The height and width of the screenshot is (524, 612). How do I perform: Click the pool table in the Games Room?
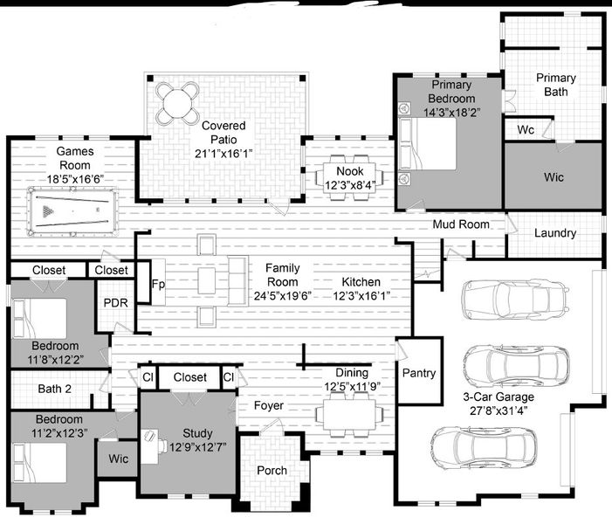pos(65,212)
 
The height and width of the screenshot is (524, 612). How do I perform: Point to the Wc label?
pos(526,129)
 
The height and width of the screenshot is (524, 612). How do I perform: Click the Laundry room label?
pos(554,233)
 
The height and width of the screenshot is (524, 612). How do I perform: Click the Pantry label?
pos(418,373)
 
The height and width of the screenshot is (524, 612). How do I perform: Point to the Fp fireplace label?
pos(158,284)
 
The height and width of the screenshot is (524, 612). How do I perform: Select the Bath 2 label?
pos(54,390)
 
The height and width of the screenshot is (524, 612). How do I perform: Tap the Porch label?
pos(272,470)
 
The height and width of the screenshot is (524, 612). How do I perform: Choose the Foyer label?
pos(269,405)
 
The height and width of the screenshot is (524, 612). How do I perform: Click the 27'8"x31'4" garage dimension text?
pos(498,410)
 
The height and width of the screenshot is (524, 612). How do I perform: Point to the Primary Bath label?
pos(556,84)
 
